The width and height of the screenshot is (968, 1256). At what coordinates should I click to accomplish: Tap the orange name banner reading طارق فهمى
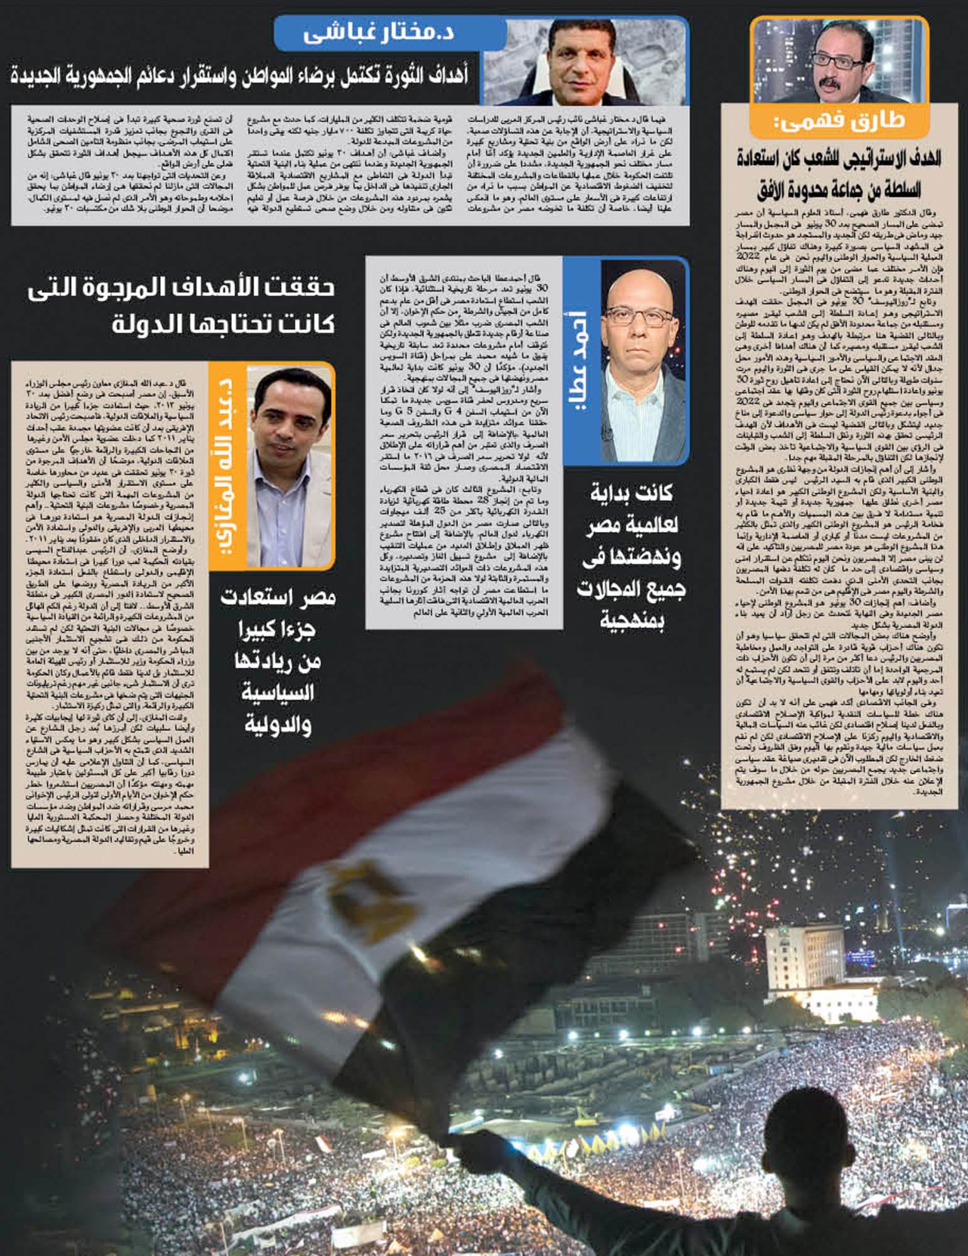click(x=839, y=121)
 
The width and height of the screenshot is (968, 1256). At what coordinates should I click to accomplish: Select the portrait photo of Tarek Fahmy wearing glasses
click(x=839, y=60)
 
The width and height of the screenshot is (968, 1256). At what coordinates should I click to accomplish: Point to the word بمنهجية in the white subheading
click(x=631, y=621)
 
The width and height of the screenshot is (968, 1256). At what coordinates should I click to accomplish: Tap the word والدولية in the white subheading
click(x=278, y=725)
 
